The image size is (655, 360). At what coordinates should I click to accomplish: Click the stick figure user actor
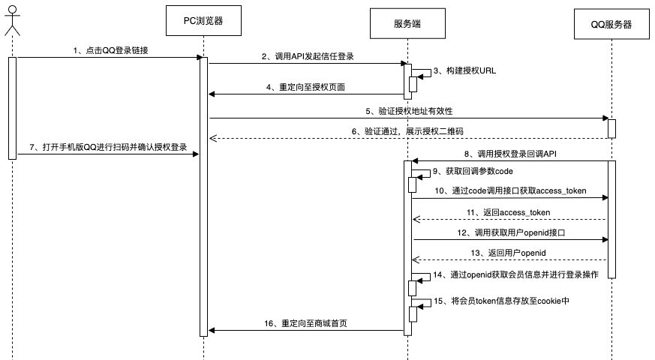click(11, 19)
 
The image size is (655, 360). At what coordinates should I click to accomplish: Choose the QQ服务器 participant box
click(611, 24)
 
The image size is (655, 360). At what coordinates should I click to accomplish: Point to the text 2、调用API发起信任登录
click(308, 55)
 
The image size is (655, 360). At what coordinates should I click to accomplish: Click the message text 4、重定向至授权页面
click(305, 86)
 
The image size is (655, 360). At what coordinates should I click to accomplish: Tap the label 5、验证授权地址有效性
click(409, 110)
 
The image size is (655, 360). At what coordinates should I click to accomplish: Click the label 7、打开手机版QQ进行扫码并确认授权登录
click(108, 146)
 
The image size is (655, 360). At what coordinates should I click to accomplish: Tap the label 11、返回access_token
click(509, 212)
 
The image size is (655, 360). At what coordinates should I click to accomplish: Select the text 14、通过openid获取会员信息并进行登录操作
click(515, 275)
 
